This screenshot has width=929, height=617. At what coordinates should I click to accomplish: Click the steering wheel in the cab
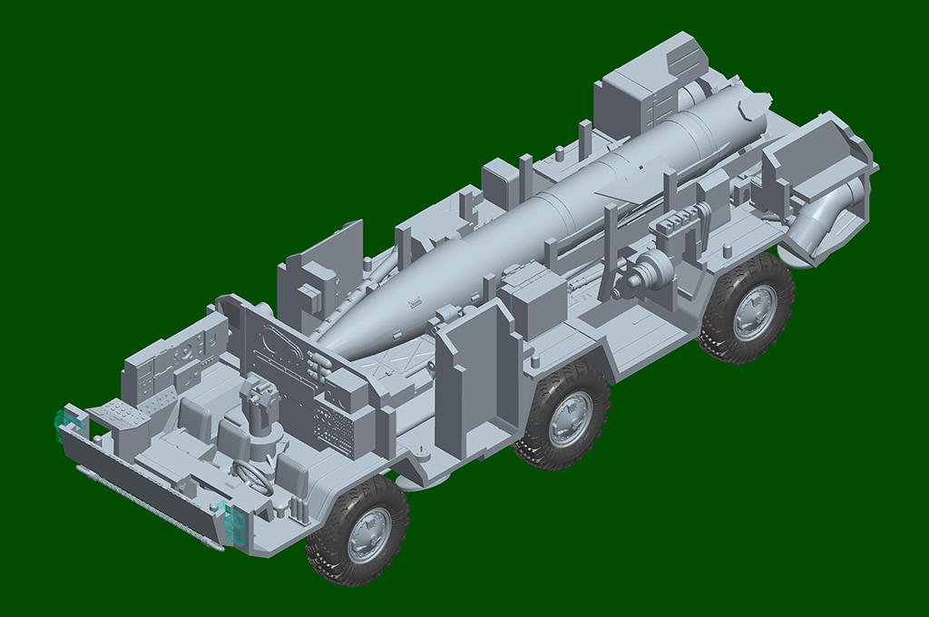tap(254, 475)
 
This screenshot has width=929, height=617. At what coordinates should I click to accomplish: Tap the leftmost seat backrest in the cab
tap(192, 415)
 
